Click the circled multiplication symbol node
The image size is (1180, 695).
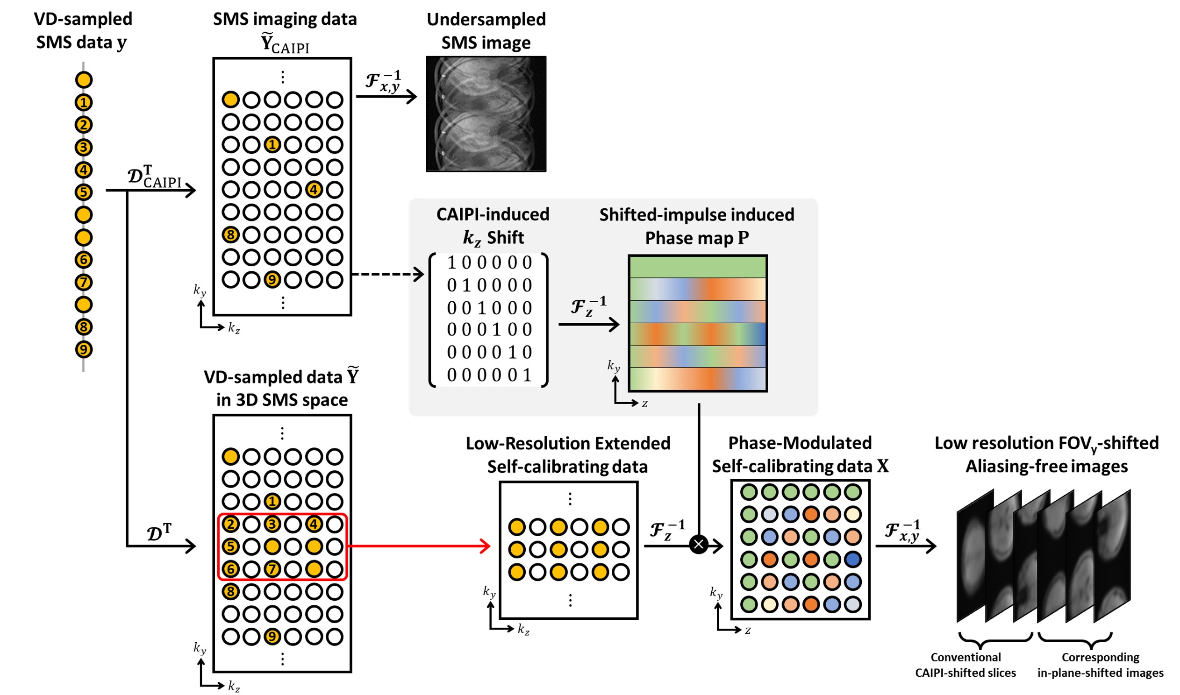click(699, 544)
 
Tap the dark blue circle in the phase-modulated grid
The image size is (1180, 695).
click(852, 559)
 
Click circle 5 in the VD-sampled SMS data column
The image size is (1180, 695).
click(83, 192)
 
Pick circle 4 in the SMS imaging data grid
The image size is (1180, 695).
click(314, 190)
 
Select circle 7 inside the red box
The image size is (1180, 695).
click(272, 569)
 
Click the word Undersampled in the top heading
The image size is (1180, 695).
click(486, 20)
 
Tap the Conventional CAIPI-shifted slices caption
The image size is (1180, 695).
click(965, 665)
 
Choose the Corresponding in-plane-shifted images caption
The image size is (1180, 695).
click(1100, 665)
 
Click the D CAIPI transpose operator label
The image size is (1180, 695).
click(155, 177)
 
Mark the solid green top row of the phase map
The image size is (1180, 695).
click(698, 268)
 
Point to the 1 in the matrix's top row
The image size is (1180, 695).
click(451, 263)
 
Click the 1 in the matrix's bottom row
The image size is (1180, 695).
click(527, 375)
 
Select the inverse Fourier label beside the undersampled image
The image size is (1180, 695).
click(383, 81)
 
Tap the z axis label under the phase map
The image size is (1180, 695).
click(644, 403)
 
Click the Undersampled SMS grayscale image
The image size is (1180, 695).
click(486, 114)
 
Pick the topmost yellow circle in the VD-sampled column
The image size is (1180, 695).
click(83, 79)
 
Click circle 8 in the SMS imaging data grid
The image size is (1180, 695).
click(230, 234)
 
